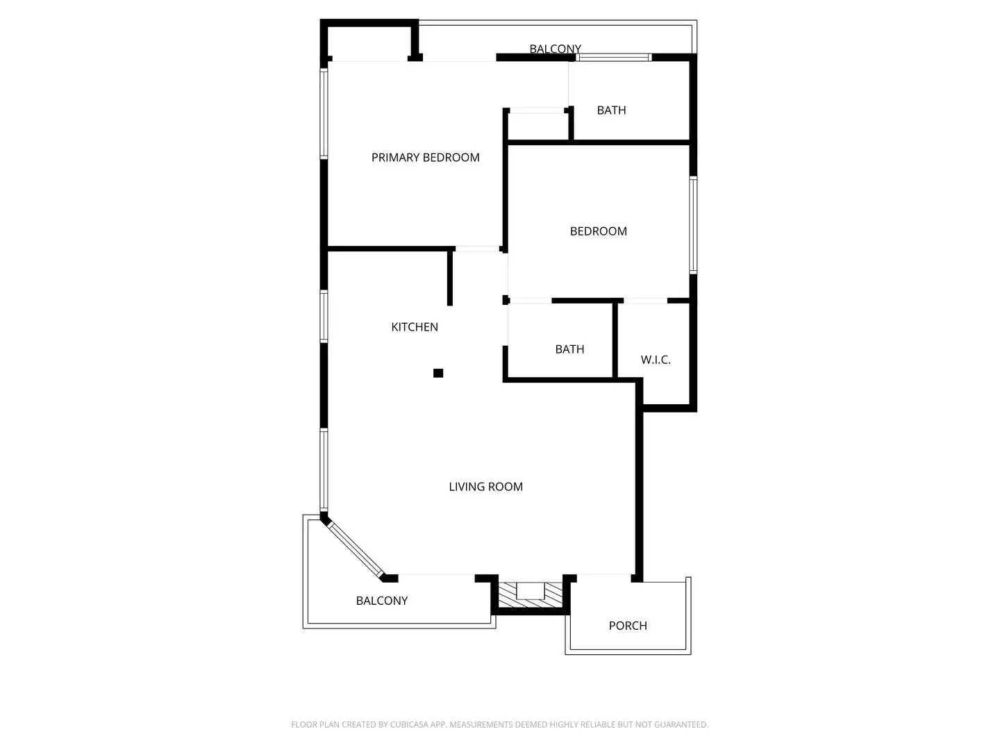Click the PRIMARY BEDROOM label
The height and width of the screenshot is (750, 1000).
[x=425, y=158]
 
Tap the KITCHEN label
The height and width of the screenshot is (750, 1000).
[x=414, y=327]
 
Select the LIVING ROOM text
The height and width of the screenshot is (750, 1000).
[x=485, y=487]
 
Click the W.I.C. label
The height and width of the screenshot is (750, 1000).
[x=655, y=360]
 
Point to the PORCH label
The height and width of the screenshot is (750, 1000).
[x=627, y=626]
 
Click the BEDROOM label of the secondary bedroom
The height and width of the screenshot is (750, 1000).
[x=598, y=231]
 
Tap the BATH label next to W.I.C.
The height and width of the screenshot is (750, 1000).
[x=569, y=349]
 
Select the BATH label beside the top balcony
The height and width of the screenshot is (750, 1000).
[x=611, y=110]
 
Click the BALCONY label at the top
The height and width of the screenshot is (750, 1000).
[x=555, y=49]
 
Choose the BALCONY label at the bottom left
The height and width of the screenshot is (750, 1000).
[x=381, y=601]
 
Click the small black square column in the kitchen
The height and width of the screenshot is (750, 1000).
[x=438, y=374]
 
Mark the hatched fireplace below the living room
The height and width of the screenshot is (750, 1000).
[x=531, y=594]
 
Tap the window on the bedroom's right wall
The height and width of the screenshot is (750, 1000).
[x=693, y=225]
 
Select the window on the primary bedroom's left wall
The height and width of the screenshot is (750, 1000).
[x=324, y=113]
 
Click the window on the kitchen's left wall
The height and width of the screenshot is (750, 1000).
[x=324, y=316]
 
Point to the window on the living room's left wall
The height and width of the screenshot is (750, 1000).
[x=324, y=470]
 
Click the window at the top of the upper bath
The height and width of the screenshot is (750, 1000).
[x=614, y=58]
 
